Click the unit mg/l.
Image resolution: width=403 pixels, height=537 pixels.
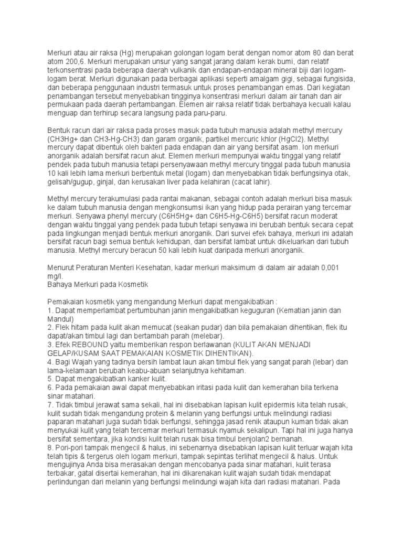click(x=55, y=275)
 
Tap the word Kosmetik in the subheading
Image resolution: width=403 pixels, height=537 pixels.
click(x=134, y=284)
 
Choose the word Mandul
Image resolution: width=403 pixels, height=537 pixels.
click(x=59, y=318)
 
